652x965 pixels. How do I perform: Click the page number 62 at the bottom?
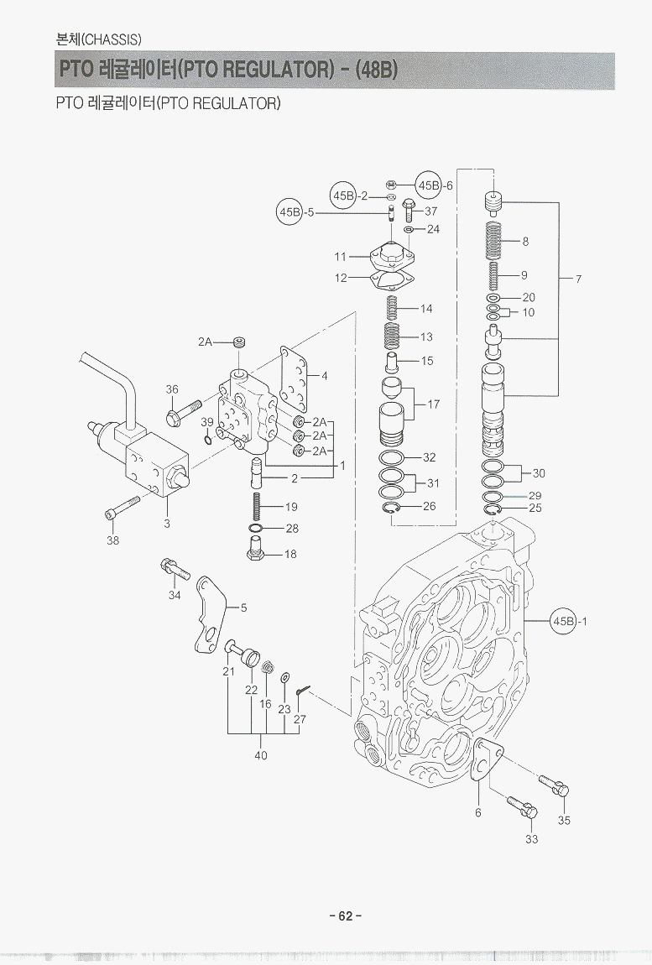tap(345, 915)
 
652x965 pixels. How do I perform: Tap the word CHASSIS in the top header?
tap(111, 39)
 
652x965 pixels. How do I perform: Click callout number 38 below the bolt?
tap(112, 540)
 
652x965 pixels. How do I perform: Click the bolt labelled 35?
tap(553, 785)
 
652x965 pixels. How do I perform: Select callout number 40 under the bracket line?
tap(261, 754)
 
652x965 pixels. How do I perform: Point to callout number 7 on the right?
tap(578, 279)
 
